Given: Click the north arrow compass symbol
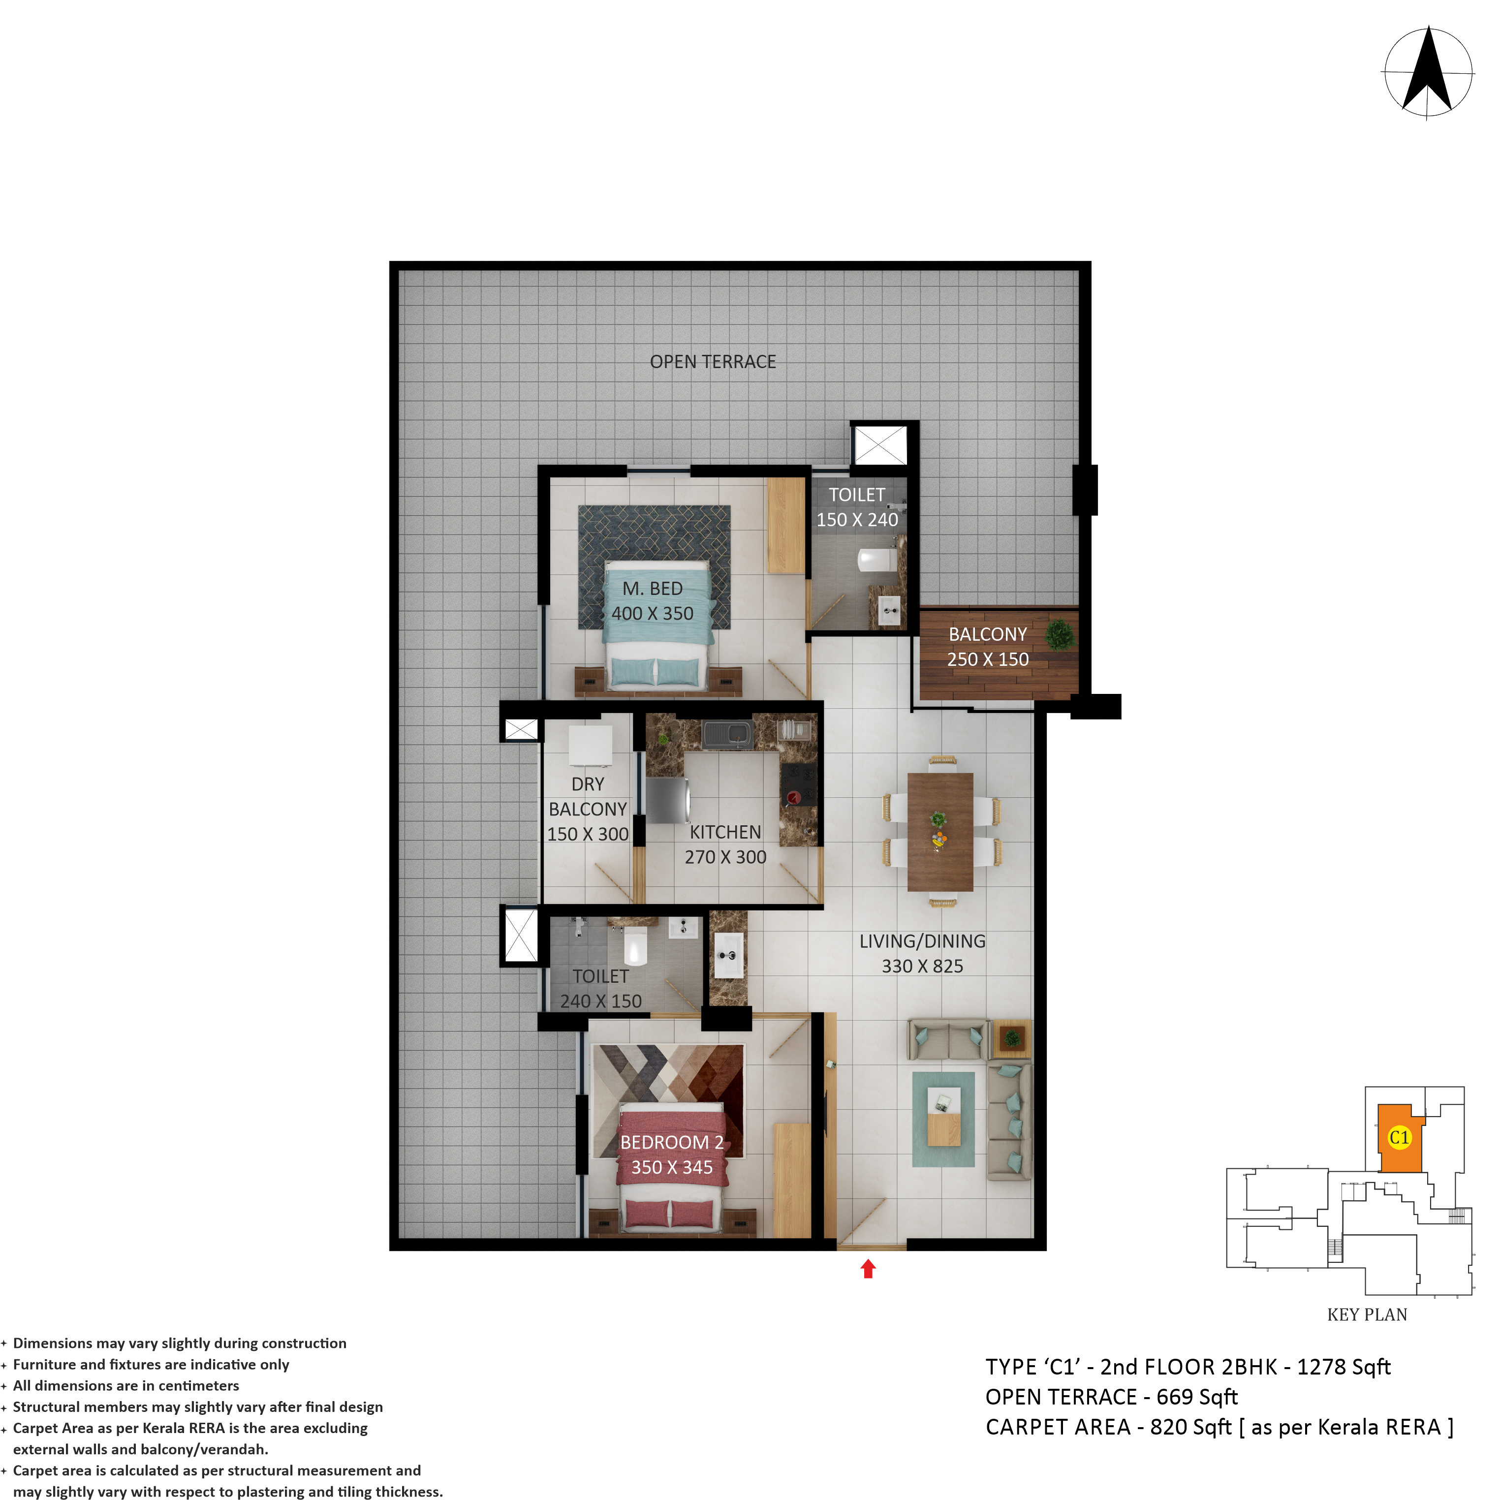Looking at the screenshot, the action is click(1428, 73).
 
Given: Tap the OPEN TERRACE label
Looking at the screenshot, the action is click(713, 362).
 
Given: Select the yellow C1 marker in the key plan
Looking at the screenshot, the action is click(1399, 1138).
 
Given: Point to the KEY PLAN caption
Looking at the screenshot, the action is click(1367, 1315).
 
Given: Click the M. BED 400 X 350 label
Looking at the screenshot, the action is click(653, 601).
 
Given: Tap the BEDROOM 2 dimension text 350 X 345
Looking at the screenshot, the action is click(672, 1167).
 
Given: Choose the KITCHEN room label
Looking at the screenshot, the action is click(725, 832).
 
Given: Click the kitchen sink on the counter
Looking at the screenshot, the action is click(727, 733).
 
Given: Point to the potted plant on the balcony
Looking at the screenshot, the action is click(1059, 635).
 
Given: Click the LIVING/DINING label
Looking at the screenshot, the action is click(922, 941).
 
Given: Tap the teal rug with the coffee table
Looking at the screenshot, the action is click(943, 1120).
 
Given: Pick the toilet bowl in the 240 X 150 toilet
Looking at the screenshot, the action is click(635, 944).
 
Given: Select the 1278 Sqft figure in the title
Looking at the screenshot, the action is click(1344, 1367).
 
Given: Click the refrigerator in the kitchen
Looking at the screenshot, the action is click(667, 801).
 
